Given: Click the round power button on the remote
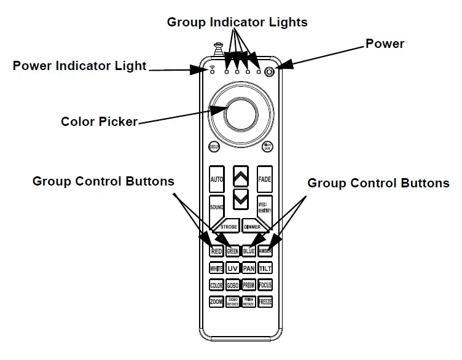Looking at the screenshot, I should click(x=269, y=72).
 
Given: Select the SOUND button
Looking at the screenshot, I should click(x=216, y=207).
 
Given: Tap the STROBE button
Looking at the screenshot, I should click(x=229, y=227).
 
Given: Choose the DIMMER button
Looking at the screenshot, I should click(x=253, y=227).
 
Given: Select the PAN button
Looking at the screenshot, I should click(x=249, y=268).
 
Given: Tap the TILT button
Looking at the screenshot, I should click(x=265, y=268).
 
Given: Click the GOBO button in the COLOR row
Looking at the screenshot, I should click(x=232, y=286).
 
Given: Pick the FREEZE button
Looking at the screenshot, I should click(x=265, y=302).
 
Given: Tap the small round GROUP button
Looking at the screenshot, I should click(x=214, y=147).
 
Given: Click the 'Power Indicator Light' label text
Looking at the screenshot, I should click(x=80, y=66).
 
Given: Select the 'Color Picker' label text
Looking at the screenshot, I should click(x=99, y=121).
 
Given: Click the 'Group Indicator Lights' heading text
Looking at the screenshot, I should click(x=237, y=22).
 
